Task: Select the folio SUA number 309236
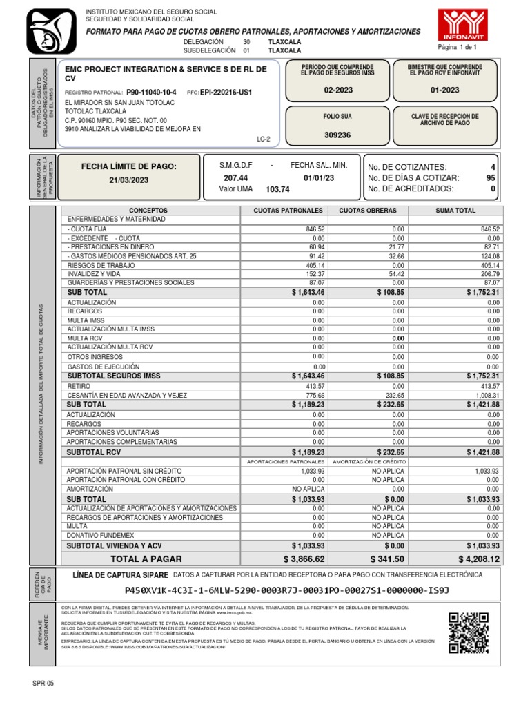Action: pos(337,135)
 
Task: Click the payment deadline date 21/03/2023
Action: pos(129,180)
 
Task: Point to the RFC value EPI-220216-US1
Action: pos(226,92)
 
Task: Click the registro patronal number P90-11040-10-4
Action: pos(151,92)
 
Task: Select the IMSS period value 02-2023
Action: pos(337,90)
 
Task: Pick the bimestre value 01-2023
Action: pos(444,90)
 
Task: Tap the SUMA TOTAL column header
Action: pos(455,210)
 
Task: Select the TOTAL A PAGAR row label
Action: pos(146,559)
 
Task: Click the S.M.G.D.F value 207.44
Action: pos(235,177)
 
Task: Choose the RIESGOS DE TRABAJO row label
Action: pos(102,264)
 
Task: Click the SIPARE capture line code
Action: pos(286,591)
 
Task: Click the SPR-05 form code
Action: pos(43,683)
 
